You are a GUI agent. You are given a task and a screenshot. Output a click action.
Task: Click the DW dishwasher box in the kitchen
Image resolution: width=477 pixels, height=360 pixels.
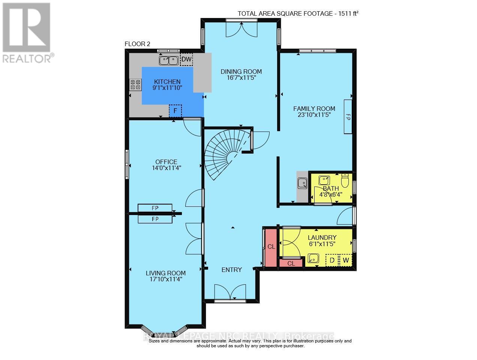click(186, 60)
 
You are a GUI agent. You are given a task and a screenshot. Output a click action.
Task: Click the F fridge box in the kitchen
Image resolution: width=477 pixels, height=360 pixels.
click(175, 111)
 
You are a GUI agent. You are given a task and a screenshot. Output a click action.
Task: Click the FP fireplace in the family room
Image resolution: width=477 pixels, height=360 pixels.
click(348, 117)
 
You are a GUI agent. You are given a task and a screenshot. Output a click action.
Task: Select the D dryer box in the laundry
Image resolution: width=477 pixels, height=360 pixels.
click(332, 260)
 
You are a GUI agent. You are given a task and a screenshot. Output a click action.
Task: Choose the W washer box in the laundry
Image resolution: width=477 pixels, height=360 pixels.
click(346, 260)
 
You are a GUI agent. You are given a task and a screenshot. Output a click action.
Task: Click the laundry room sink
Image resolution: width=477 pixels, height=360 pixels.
click(313, 258)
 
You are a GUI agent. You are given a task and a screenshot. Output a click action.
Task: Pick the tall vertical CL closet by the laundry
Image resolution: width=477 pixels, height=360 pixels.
click(271, 246)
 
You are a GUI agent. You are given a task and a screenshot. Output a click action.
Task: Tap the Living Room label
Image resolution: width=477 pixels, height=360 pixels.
click(166, 273)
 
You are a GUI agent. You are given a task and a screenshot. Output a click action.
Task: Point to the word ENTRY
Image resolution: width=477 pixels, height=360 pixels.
click(232, 270)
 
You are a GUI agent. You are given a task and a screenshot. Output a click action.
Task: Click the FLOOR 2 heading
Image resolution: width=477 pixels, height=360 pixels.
click(137, 44)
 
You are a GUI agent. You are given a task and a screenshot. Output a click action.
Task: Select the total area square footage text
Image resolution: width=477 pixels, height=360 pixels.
click(298, 14)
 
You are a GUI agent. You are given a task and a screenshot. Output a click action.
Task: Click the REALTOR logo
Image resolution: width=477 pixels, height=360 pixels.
click(27, 32)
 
